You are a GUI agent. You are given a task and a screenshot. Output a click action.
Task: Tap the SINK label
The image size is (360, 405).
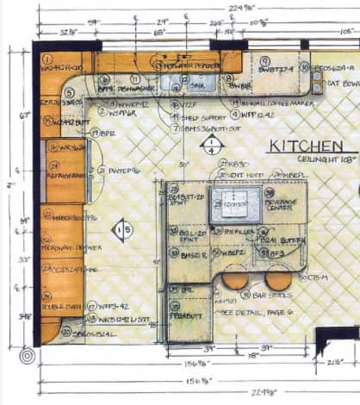pyautogui.click(x=197, y=86)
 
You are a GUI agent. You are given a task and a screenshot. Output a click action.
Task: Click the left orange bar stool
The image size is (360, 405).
pyautogui.click(x=233, y=280)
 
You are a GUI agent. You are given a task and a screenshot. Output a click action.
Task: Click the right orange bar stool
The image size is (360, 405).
pyautogui.click(x=277, y=279)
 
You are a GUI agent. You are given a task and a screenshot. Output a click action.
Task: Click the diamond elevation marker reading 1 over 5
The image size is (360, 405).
pyautogui.click(x=124, y=229)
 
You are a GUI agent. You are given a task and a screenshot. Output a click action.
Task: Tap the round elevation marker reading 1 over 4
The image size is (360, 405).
pyautogui.click(x=211, y=146)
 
